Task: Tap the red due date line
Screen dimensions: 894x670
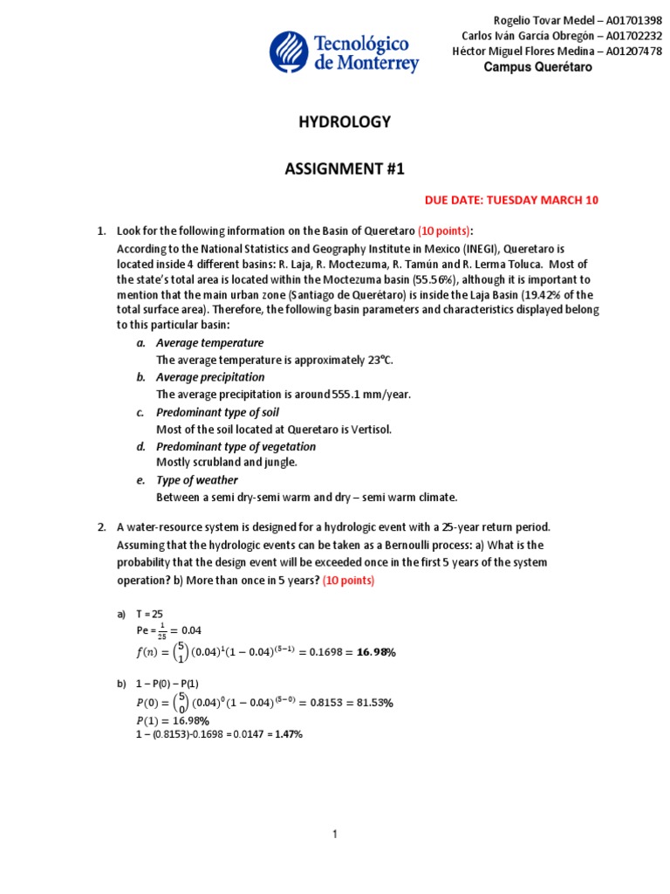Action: [x=511, y=200]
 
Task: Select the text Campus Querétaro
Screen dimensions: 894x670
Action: [x=537, y=67]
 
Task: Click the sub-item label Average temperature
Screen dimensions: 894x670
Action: [x=209, y=343]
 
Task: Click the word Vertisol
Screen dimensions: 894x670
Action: [x=371, y=429]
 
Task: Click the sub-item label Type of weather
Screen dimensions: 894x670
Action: [x=196, y=480]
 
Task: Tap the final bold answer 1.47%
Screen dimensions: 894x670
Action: [x=289, y=734]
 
